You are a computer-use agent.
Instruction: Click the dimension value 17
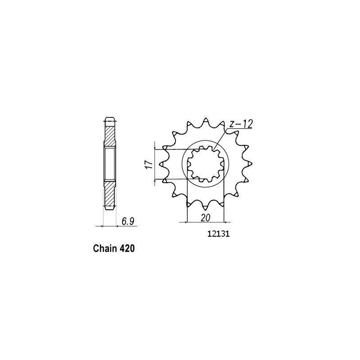point(149,164)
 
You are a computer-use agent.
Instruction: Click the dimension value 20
point(206,218)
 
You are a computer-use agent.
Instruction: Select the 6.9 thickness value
point(128,221)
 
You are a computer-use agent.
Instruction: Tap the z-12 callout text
point(241,124)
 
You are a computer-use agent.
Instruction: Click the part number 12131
point(218,234)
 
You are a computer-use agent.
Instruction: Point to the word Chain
point(105,248)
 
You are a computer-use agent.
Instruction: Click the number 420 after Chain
point(127,248)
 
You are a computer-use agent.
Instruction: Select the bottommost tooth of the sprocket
point(206,206)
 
